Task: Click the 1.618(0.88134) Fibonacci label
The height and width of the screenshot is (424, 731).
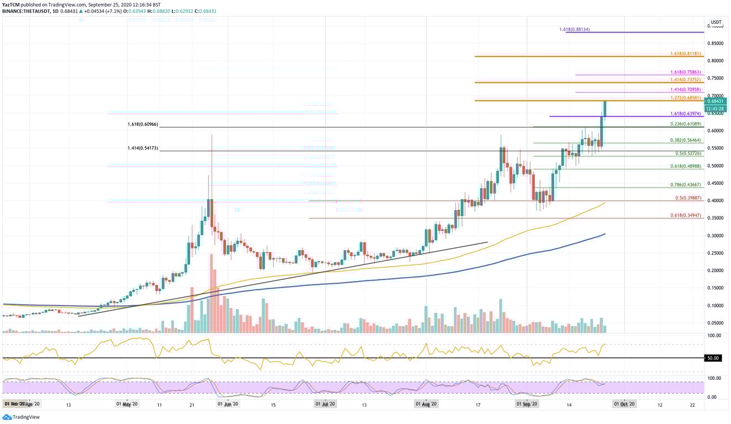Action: [574, 29]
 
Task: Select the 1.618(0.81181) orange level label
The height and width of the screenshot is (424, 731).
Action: [685, 54]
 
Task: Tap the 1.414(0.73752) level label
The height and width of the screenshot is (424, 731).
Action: [685, 79]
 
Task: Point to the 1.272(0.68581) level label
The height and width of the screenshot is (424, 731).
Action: [685, 98]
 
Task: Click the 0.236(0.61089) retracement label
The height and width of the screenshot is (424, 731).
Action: [685, 124]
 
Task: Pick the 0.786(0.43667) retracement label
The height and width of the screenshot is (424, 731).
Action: [685, 185]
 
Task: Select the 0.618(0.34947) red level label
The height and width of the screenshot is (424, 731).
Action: [685, 215]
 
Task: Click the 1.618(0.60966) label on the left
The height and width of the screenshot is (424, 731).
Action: [143, 125]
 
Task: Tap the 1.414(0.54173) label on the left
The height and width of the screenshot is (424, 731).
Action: [143, 149]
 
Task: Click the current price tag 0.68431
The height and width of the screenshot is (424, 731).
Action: [717, 101]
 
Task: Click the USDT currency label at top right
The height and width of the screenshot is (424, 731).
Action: [716, 23]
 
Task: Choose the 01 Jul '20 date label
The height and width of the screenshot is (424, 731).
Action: [325, 404]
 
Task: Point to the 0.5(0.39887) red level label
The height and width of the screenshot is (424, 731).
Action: [687, 198]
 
